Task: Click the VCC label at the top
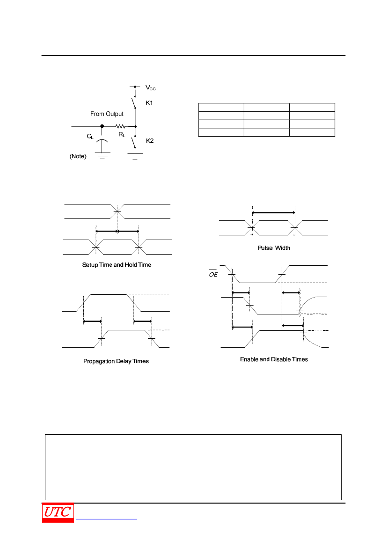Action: click(x=150, y=88)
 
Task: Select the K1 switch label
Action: click(x=149, y=103)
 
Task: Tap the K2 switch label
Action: click(x=150, y=140)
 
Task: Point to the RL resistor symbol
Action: click(x=120, y=126)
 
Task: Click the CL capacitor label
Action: click(x=90, y=137)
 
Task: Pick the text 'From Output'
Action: click(x=107, y=114)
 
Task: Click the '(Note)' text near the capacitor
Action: click(x=78, y=156)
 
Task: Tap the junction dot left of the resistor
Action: click(x=102, y=126)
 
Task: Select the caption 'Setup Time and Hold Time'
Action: click(x=117, y=265)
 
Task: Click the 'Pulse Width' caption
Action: click(x=274, y=248)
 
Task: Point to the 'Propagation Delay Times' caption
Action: click(x=116, y=361)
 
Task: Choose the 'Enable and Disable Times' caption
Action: click(x=274, y=359)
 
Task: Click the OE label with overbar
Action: click(x=213, y=274)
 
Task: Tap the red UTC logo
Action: click(x=58, y=512)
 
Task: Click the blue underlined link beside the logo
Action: click(x=106, y=519)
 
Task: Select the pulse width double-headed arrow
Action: click(x=273, y=212)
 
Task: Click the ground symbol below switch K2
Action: click(x=135, y=156)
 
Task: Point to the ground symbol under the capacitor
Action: click(x=102, y=155)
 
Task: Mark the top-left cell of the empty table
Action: click(x=221, y=108)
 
